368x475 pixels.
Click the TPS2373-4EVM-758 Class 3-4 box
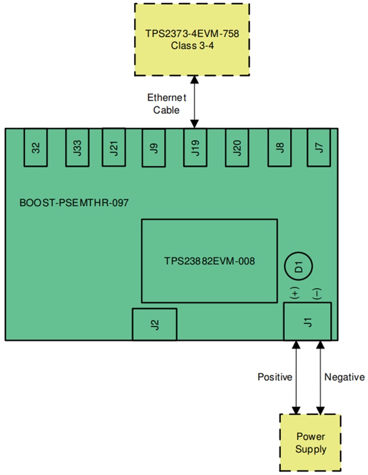pos(192,40)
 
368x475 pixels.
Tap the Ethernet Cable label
pos(166,103)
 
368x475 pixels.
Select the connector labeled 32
pos(36,147)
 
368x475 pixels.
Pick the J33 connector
pos(77,147)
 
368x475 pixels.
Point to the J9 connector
pos(154,147)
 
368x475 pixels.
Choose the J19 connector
pos(195,147)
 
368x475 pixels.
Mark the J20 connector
pos(237,147)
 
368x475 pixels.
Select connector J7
pos(318,147)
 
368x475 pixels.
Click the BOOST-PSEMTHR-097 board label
pos(74,203)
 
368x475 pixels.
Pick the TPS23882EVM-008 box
pos(209,260)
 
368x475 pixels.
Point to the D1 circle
pos(298,267)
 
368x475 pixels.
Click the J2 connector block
pos(154,324)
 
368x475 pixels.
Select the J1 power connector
pos(307,321)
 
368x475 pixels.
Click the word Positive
pos(275,377)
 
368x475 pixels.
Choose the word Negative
pos(344,377)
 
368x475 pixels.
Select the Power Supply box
pos(310,443)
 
